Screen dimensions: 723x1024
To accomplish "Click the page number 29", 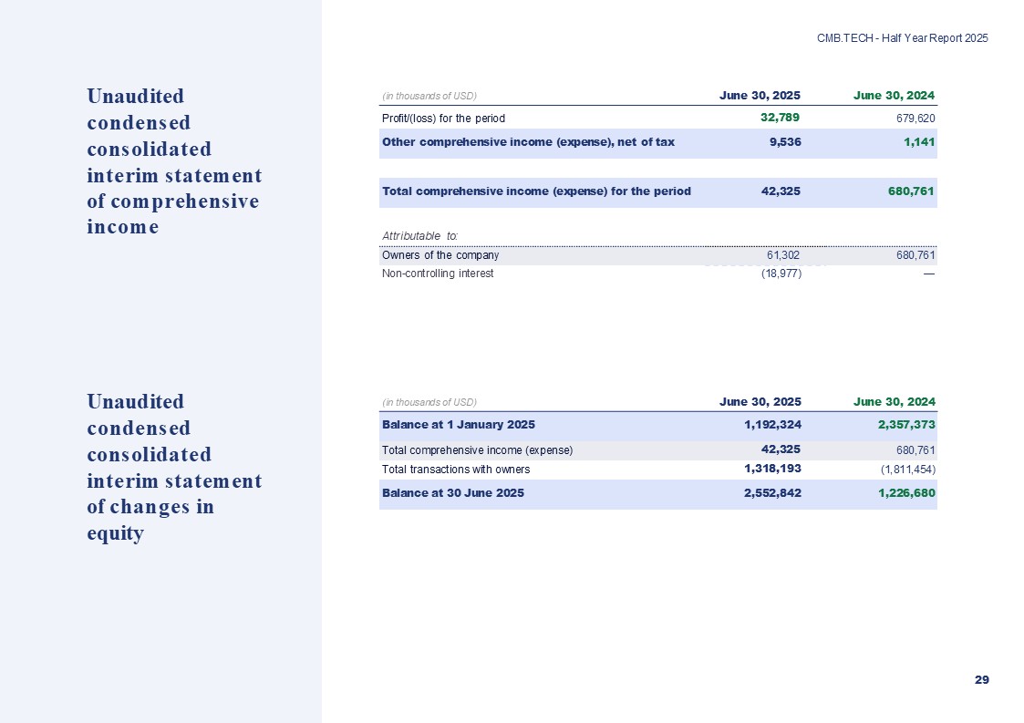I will (x=981, y=680).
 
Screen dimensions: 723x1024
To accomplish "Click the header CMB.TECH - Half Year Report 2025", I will (x=902, y=38).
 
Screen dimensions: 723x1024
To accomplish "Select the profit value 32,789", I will (x=781, y=118).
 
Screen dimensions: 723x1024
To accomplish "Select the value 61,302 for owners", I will (x=782, y=255).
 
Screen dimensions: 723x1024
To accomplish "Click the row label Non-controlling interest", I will (x=438, y=274).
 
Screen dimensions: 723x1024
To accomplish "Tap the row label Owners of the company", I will (x=440, y=255).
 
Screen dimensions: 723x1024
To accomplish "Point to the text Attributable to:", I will (x=419, y=237).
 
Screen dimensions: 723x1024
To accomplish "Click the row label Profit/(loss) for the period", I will (x=443, y=119).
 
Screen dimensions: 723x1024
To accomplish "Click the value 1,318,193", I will (x=771, y=469).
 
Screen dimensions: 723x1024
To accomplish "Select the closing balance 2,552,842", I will (x=771, y=492).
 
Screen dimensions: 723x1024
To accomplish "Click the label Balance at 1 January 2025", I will (x=459, y=424).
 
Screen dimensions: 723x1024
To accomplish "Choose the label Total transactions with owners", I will (x=456, y=470).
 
